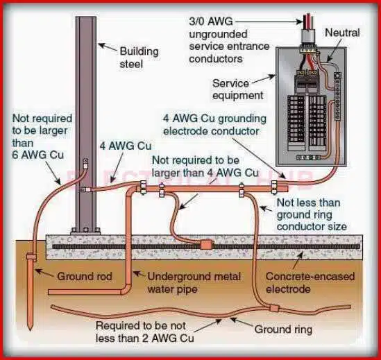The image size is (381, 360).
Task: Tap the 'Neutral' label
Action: click(x=342, y=33)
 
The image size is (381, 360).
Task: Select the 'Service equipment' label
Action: click(x=238, y=89)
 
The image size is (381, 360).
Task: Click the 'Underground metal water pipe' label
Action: click(x=194, y=282)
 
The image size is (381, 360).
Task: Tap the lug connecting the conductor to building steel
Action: click(x=85, y=165)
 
